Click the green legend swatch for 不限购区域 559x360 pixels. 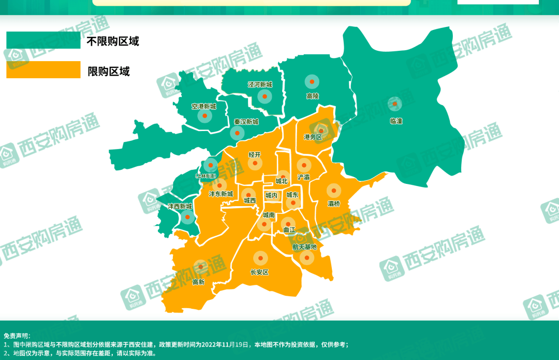coord(43,40)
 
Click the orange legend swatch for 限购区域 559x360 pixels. coord(43,70)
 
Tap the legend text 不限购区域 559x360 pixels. coord(113,41)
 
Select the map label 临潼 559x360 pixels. coord(396,121)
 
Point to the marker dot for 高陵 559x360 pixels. coord(312,82)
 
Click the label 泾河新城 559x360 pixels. coord(259,84)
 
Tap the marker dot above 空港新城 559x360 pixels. coord(204,116)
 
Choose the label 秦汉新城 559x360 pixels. coord(245,122)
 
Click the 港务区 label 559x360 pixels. coord(313,137)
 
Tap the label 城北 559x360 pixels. coord(281,181)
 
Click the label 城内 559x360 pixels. coord(271,195)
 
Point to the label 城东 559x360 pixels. coord(292,195)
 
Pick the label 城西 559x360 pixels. coord(249,200)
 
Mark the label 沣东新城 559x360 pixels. coord(220,194)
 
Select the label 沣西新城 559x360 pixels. coord(180,206)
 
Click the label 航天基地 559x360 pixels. coord(304,247)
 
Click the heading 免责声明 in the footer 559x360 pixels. coord(17,336)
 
